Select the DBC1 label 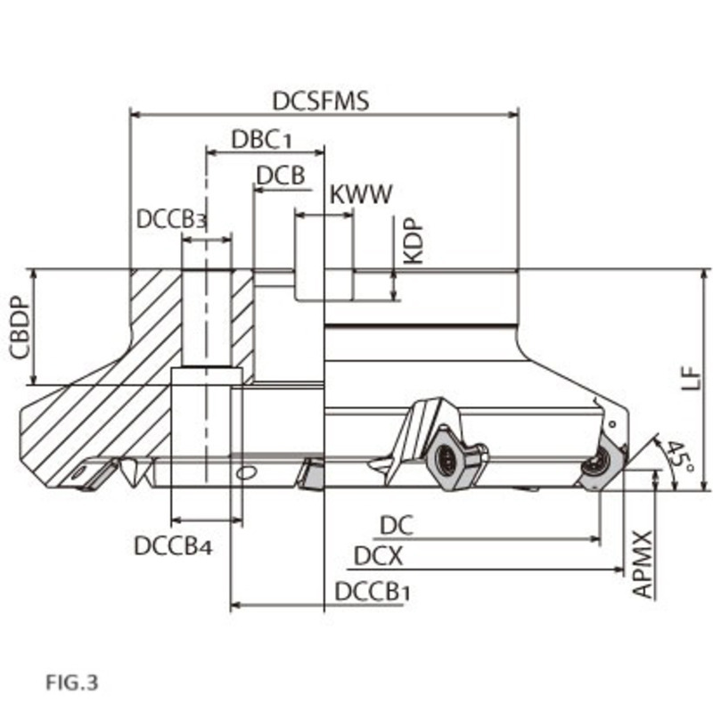coord(262,140)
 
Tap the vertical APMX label coord(643,565)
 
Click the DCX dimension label coord(379,557)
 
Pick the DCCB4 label coord(174,545)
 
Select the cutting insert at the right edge coord(596,465)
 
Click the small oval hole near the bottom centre coord(250,471)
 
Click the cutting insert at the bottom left coord(94,473)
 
